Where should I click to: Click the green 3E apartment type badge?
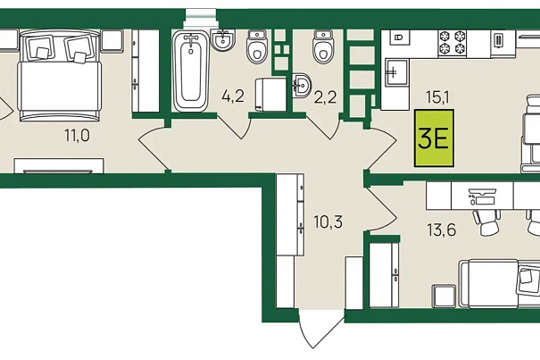(434, 138)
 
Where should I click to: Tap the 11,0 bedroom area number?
(77, 135)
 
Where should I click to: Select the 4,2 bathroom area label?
(233, 96)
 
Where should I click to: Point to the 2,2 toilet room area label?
(325, 97)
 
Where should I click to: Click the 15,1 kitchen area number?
(437, 97)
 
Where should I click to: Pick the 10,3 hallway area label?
(328, 222)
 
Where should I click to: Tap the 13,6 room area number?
(442, 230)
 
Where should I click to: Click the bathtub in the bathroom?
(191, 71)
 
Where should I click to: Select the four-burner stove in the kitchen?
(452, 44)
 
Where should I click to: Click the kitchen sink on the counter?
(396, 72)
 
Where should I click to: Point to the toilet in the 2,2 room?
(323, 46)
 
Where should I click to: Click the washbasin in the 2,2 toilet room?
(302, 85)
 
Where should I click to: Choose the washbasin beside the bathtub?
(223, 40)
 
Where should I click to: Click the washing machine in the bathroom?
(271, 95)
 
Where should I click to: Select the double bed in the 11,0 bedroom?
(61, 76)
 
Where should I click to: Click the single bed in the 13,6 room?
(499, 283)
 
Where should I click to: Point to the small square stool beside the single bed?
(444, 296)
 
